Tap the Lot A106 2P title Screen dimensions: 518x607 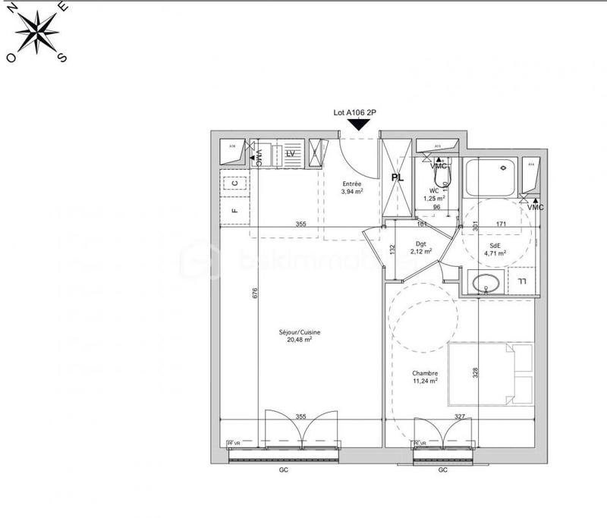(356, 112)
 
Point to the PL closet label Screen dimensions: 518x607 (397, 177)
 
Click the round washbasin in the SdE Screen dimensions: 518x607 (483, 284)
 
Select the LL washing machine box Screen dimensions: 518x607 (521, 282)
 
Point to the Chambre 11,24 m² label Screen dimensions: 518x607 (424, 377)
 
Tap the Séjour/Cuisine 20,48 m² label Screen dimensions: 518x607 (300, 335)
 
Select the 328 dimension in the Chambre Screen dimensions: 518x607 (475, 374)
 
